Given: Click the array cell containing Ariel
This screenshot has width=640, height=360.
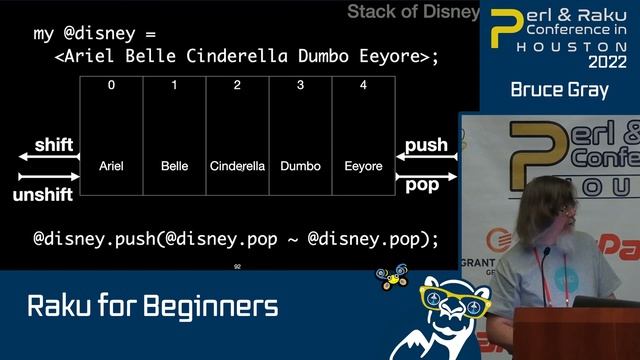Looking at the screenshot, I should (x=111, y=165).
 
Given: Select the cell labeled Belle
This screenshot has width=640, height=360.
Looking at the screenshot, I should (x=174, y=165).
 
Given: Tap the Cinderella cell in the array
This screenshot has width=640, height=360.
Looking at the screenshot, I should (x=237, y=165).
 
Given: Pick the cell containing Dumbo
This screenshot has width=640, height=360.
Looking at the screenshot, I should (x=300, y=165).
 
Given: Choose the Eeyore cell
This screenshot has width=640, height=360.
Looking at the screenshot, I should (x=363, y=165).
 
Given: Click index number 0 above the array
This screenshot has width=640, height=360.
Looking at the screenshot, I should (x=111, y=85).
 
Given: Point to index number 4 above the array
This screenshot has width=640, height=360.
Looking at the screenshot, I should (x=363, y=85).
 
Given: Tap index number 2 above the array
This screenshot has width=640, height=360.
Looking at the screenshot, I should (x=237, y=85).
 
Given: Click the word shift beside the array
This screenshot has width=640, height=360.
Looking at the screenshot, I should (x=54, y=145).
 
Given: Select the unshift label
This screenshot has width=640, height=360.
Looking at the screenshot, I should (x=43, y=195).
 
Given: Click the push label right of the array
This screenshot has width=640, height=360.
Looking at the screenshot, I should (x=426, y=145).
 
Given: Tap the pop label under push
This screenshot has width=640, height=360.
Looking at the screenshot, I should (x=422, y=185).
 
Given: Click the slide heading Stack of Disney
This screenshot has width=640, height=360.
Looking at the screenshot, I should (x=413, y=12).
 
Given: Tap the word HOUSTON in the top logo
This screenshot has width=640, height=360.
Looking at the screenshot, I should (x=571, y=45).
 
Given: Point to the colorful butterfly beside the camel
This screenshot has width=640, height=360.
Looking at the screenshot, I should (x=392, y=277).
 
